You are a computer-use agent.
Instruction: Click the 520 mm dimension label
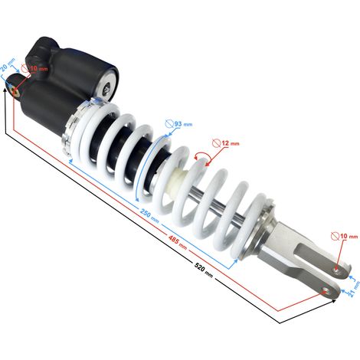204,270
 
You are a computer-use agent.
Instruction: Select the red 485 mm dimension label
178,241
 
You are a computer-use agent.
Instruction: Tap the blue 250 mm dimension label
149,215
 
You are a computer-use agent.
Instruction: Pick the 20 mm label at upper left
7,65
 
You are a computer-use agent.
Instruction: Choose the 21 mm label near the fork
355,289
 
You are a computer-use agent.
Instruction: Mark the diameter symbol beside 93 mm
169,124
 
